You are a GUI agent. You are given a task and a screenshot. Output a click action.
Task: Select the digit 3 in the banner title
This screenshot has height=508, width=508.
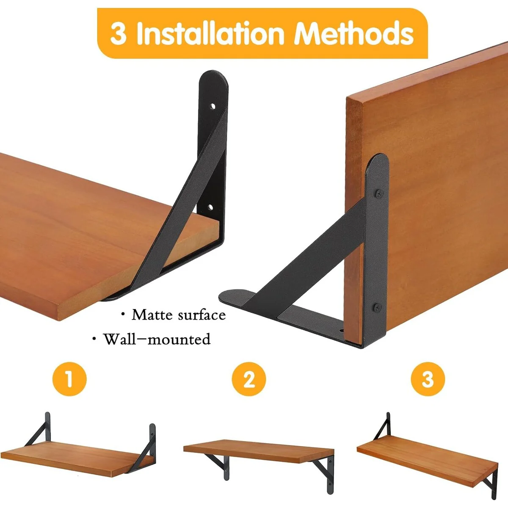click(119, 33)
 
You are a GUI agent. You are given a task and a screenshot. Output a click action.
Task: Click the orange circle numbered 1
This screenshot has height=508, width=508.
click(69, 379)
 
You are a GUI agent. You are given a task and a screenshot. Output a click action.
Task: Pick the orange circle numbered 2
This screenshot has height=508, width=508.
click(248, 379)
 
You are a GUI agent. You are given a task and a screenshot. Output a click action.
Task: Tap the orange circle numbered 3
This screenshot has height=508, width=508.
click(428, 379)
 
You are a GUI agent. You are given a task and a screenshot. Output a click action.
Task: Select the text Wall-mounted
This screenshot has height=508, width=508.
click(157, 339)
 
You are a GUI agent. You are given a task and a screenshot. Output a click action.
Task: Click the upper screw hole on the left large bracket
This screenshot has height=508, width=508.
click(212, 107)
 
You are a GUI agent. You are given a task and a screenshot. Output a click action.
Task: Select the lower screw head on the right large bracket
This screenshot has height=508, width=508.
click(377, 307)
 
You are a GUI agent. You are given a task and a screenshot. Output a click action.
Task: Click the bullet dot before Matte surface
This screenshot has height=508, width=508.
click(123, 314)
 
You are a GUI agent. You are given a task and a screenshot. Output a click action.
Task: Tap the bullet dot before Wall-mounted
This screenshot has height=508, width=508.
click(94, 339)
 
